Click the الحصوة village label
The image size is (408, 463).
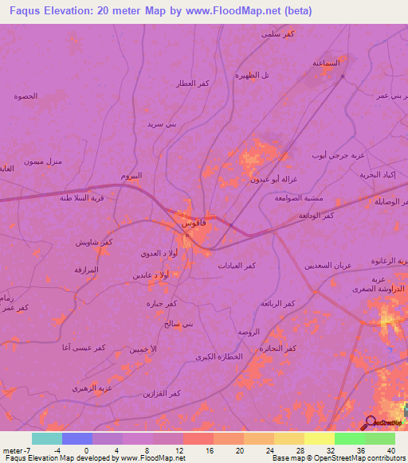coord(25,96)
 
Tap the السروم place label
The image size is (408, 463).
coord(131,176)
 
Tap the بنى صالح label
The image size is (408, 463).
coord(178,325)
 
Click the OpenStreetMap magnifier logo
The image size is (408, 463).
coord(371,422)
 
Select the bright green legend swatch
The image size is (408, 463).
coord(380,438)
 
